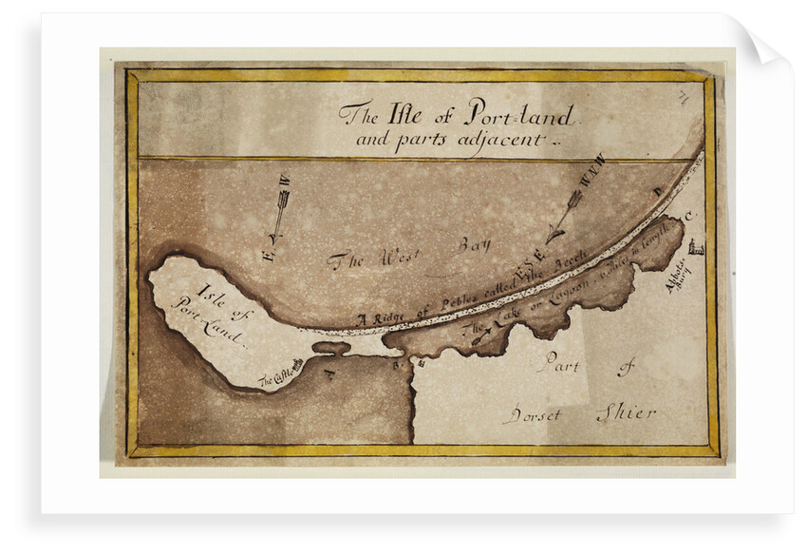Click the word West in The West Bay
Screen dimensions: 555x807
tap(386, 257)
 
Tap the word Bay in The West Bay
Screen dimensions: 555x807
tap(471, 246)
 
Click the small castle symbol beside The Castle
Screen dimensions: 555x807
tap(299, 363)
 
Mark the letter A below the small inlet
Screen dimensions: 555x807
tap(330, 373)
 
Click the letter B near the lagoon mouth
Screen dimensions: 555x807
tap(397, 362)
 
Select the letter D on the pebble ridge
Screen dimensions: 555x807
tap(655, 191)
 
